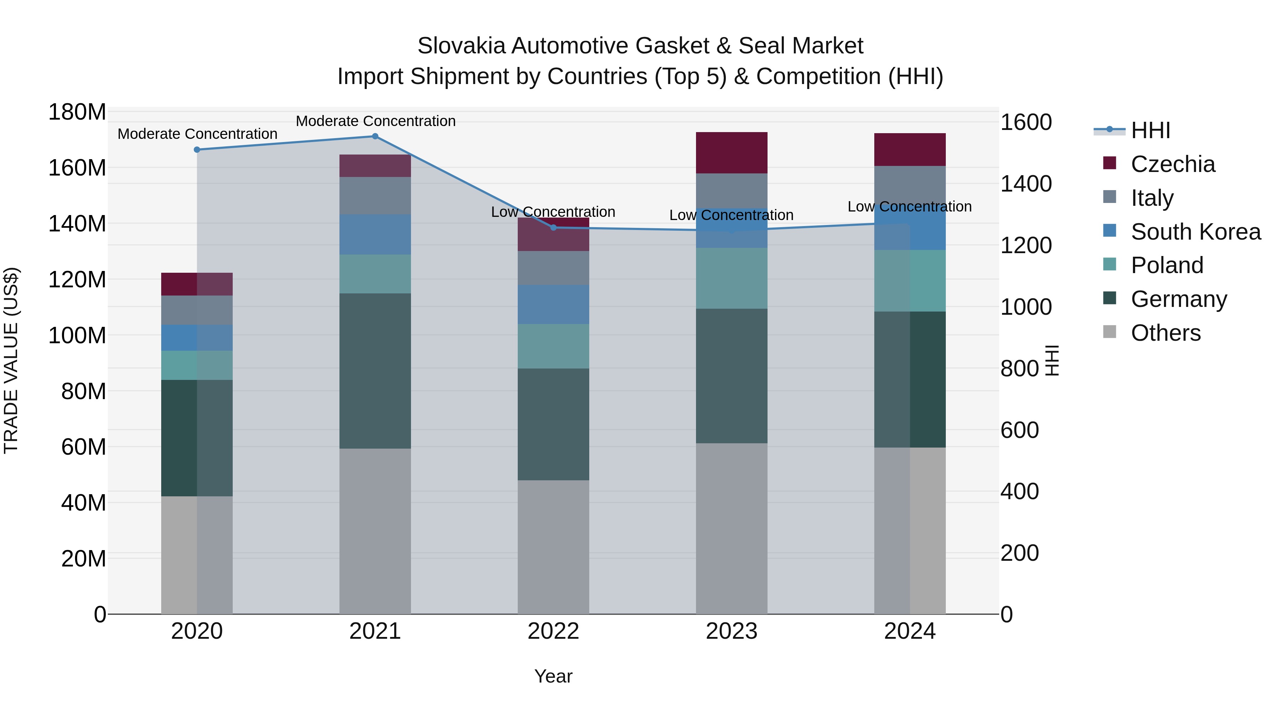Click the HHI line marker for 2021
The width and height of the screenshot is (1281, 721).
(x=375, y=136)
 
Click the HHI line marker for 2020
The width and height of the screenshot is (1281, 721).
(x=197, y=150)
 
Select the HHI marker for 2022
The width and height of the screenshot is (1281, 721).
(x=553, y=228)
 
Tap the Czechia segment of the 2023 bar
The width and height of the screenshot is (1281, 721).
(x=732, y=153)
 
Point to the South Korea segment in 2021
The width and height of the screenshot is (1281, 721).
(x=375, y=234)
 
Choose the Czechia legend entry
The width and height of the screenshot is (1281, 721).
(x=1172, y=164)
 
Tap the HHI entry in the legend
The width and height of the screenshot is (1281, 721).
(x=1150, y=130)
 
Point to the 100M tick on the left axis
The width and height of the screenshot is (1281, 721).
(x=77, y=335)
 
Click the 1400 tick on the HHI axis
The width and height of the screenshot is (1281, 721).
(x=1026, y=184)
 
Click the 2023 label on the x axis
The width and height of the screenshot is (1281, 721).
(x=732, y=631)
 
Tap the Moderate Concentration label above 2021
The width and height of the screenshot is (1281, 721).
(x=375, y=121)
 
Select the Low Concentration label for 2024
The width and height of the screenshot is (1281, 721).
(x=909, y=207)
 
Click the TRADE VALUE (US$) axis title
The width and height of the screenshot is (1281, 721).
(x=11, y=360)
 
